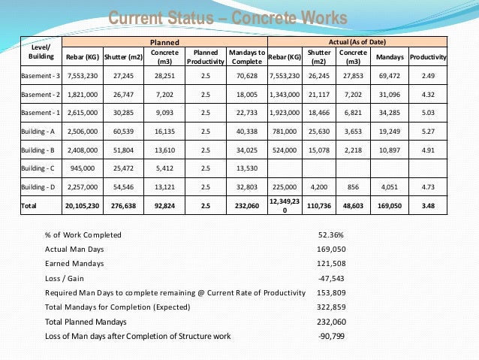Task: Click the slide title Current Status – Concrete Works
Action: [x=228, y=18]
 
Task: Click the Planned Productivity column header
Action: [x=205, y=57]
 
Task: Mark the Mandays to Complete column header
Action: [x=246, y=57]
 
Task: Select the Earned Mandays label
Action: [x=74, y=263]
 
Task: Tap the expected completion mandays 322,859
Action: [x=331, y=307]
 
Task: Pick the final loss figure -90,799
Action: [x=331, y=335]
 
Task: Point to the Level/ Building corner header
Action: [x=41, y=52]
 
